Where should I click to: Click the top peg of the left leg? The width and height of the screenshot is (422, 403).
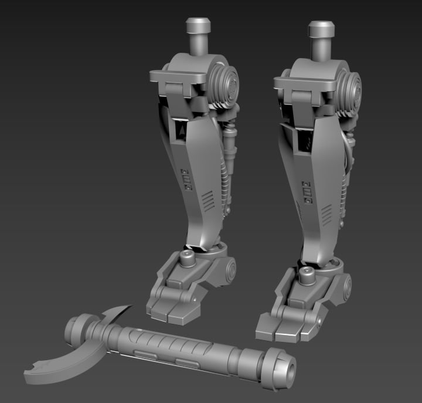(x=198, y=28)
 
